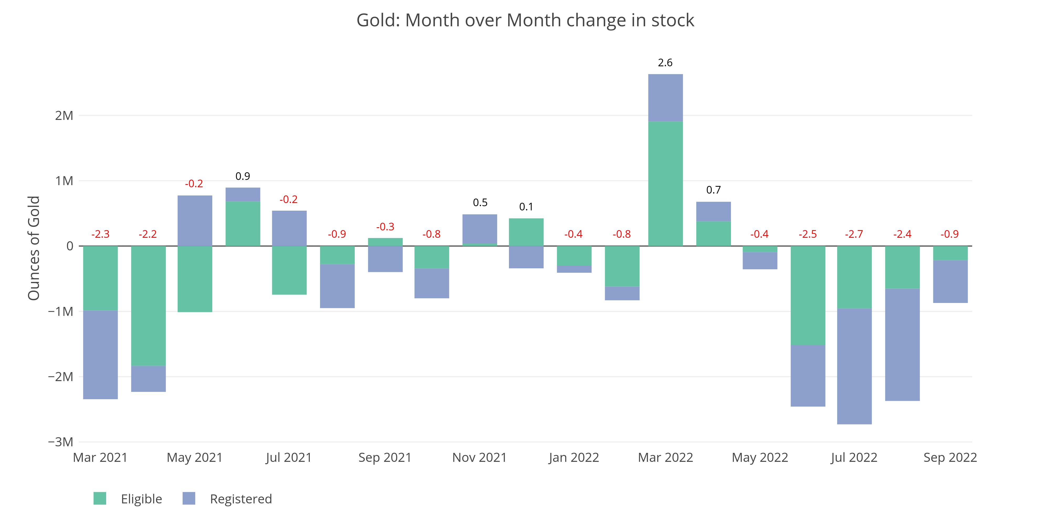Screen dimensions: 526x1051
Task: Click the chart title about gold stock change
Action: point(525,21)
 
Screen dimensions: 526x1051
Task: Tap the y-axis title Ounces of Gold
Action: point(34,248)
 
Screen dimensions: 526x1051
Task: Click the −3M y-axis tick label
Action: point(61,442)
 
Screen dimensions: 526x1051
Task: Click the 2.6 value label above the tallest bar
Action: point(665,63)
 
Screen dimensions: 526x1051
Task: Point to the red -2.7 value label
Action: point(854,234)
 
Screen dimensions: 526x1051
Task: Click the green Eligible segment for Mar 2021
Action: point(100,278)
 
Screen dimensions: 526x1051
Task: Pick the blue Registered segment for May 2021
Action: point(195,221)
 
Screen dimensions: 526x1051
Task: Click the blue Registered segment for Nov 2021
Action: point(480,229)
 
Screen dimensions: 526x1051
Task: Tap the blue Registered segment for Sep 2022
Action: point(950,281)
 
